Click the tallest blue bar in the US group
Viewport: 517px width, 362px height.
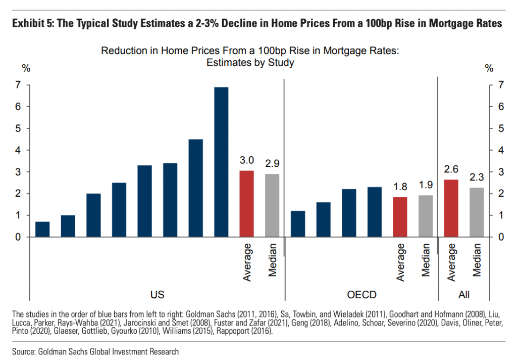tap(221, 162)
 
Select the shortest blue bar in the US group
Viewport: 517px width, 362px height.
tap(42, 230)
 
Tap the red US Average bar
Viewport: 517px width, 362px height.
tap(246, 204)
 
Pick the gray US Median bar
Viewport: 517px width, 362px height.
tap(272, 205)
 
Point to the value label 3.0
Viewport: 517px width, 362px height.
tap(246, 161)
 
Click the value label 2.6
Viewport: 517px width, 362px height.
tap(451, 170)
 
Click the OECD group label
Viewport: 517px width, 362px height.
tap(361, 295)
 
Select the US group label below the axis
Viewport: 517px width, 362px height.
tap(157, 295)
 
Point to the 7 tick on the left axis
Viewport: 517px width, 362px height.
tap(18, 85)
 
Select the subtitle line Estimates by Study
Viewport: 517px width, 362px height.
tap(250, 63)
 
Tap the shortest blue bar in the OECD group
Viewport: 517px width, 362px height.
tap(298, 224)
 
